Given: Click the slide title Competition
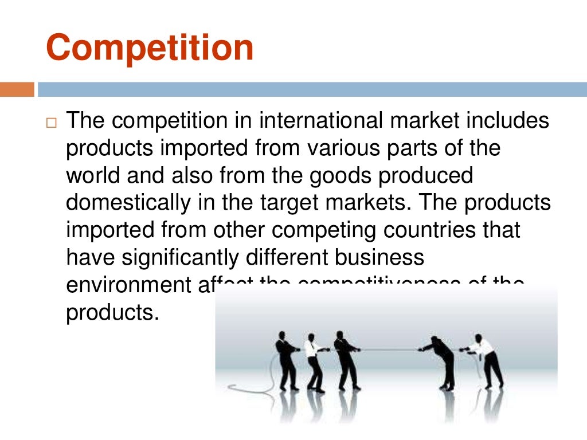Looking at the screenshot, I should [150, 48].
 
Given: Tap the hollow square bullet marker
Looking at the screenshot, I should [52, 123].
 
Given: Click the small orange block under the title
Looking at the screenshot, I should [17, 90].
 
